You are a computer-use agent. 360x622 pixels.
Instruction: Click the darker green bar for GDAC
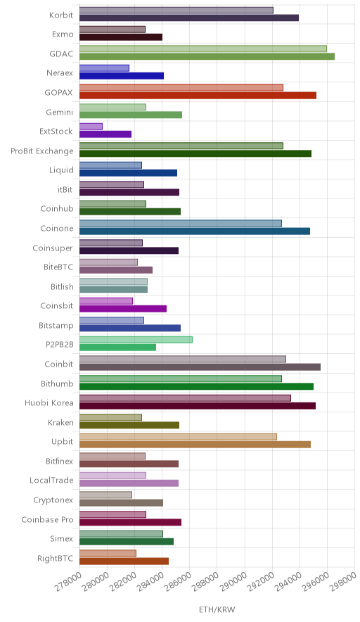(207, 56)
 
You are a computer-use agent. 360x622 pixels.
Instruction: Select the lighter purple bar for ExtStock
(91, 127)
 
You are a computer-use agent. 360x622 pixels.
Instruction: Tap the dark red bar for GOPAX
(198, 95)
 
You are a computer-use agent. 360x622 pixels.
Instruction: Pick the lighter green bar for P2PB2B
(136, 340)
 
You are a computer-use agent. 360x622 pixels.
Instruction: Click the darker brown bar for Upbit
(195, 445)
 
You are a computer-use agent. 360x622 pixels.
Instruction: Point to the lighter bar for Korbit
(176, 11)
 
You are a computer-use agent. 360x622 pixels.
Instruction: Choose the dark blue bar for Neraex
(122, 76)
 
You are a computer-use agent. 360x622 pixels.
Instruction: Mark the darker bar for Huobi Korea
(198, 406)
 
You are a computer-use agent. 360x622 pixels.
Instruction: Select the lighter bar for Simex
(122, 534)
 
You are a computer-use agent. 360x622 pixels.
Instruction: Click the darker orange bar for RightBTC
(124, 561)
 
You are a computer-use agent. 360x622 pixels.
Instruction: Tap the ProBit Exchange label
(42, 151)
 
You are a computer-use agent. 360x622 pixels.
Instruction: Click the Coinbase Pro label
(48, 520)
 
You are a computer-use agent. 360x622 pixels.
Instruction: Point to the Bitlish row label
(63, 286)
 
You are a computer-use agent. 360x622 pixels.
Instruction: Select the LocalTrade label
(51, 481)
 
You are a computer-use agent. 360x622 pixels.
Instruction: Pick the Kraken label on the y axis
(60, 422)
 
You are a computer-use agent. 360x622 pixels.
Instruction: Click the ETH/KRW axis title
(217, 610)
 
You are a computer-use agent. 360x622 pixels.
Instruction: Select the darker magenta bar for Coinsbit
(123, 309)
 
